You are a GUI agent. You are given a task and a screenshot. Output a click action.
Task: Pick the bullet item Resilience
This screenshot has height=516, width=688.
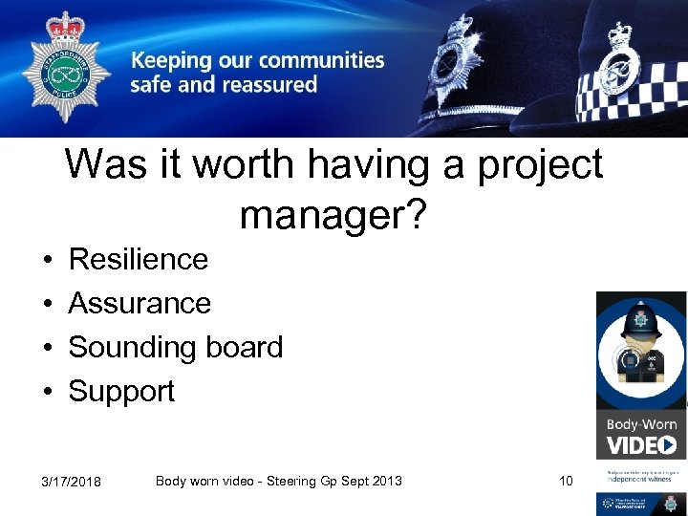(x=139, y=259)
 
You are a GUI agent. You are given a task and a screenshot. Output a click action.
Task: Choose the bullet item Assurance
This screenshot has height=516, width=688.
(x=140, y=303)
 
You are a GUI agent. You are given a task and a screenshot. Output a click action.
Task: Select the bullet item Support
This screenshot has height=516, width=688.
(x=121, y=392)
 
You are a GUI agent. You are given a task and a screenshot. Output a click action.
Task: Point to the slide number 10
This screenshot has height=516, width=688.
(x=566, y=481)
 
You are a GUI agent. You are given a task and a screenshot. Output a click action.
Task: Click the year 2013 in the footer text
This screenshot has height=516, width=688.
(x=386, y=481)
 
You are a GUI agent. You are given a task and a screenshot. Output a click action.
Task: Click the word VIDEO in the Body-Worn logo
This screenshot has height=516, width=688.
(x=641, y=444)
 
